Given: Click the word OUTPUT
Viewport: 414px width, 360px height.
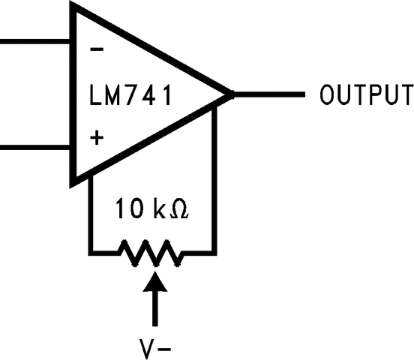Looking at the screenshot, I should pyautogui.click(x=365, y=95).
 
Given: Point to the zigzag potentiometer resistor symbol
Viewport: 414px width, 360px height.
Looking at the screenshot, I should pyautogui.click(x=152, y=252).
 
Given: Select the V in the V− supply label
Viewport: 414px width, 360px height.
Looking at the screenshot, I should pyautogui.click(x=145, y=349).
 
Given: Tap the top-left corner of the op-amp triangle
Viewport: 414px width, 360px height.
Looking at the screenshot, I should pyautogui.click(x=73, y=6).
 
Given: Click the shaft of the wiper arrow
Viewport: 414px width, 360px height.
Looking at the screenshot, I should pyautogui.click(x=155, y=307).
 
